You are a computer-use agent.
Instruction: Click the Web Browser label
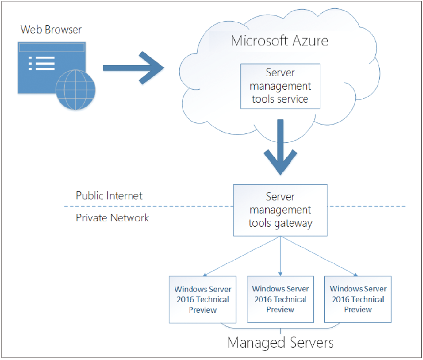[x=51, y=29]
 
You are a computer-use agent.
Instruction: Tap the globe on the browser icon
[x=76, y=90]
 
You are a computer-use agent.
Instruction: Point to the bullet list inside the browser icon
[x=42, y=63]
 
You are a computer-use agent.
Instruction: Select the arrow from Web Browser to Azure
[x=134, y=67]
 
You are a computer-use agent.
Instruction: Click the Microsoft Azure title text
[x=280, y=41]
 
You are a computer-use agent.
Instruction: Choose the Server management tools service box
[x=280, y=87]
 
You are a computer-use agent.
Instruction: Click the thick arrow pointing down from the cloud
[x=281, y=147]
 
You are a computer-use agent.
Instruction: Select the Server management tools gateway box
[x=280, y=210]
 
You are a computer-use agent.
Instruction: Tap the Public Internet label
[x=109, y=196]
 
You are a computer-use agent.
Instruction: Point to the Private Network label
[x=112, y=218]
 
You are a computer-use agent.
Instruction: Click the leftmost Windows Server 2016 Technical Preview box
[x=203, y=300]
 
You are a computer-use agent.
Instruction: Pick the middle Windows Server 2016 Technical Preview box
[x=280, y=299]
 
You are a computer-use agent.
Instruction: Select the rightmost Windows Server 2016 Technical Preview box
[x=358, y=299]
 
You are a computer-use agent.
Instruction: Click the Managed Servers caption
[x=281, y=343]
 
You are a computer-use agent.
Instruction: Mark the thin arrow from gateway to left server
[x=242, y=256]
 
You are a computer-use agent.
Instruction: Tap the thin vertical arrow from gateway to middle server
[x=280, y=256]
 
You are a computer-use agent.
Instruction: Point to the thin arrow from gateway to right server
[x=319, y=256]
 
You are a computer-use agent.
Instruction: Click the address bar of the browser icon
[x=52, y=48]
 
